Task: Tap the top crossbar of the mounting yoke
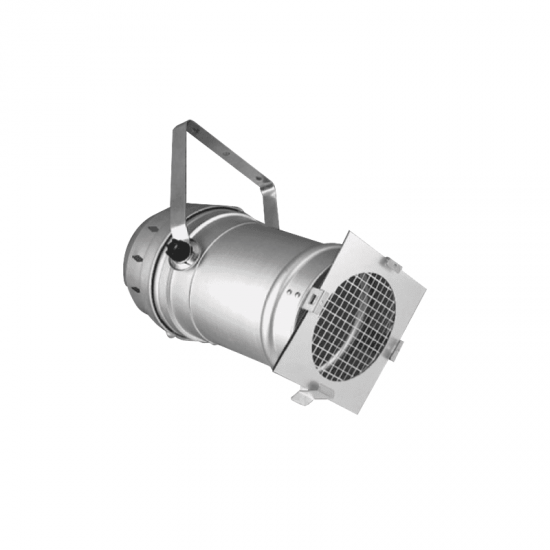(220, 150)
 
